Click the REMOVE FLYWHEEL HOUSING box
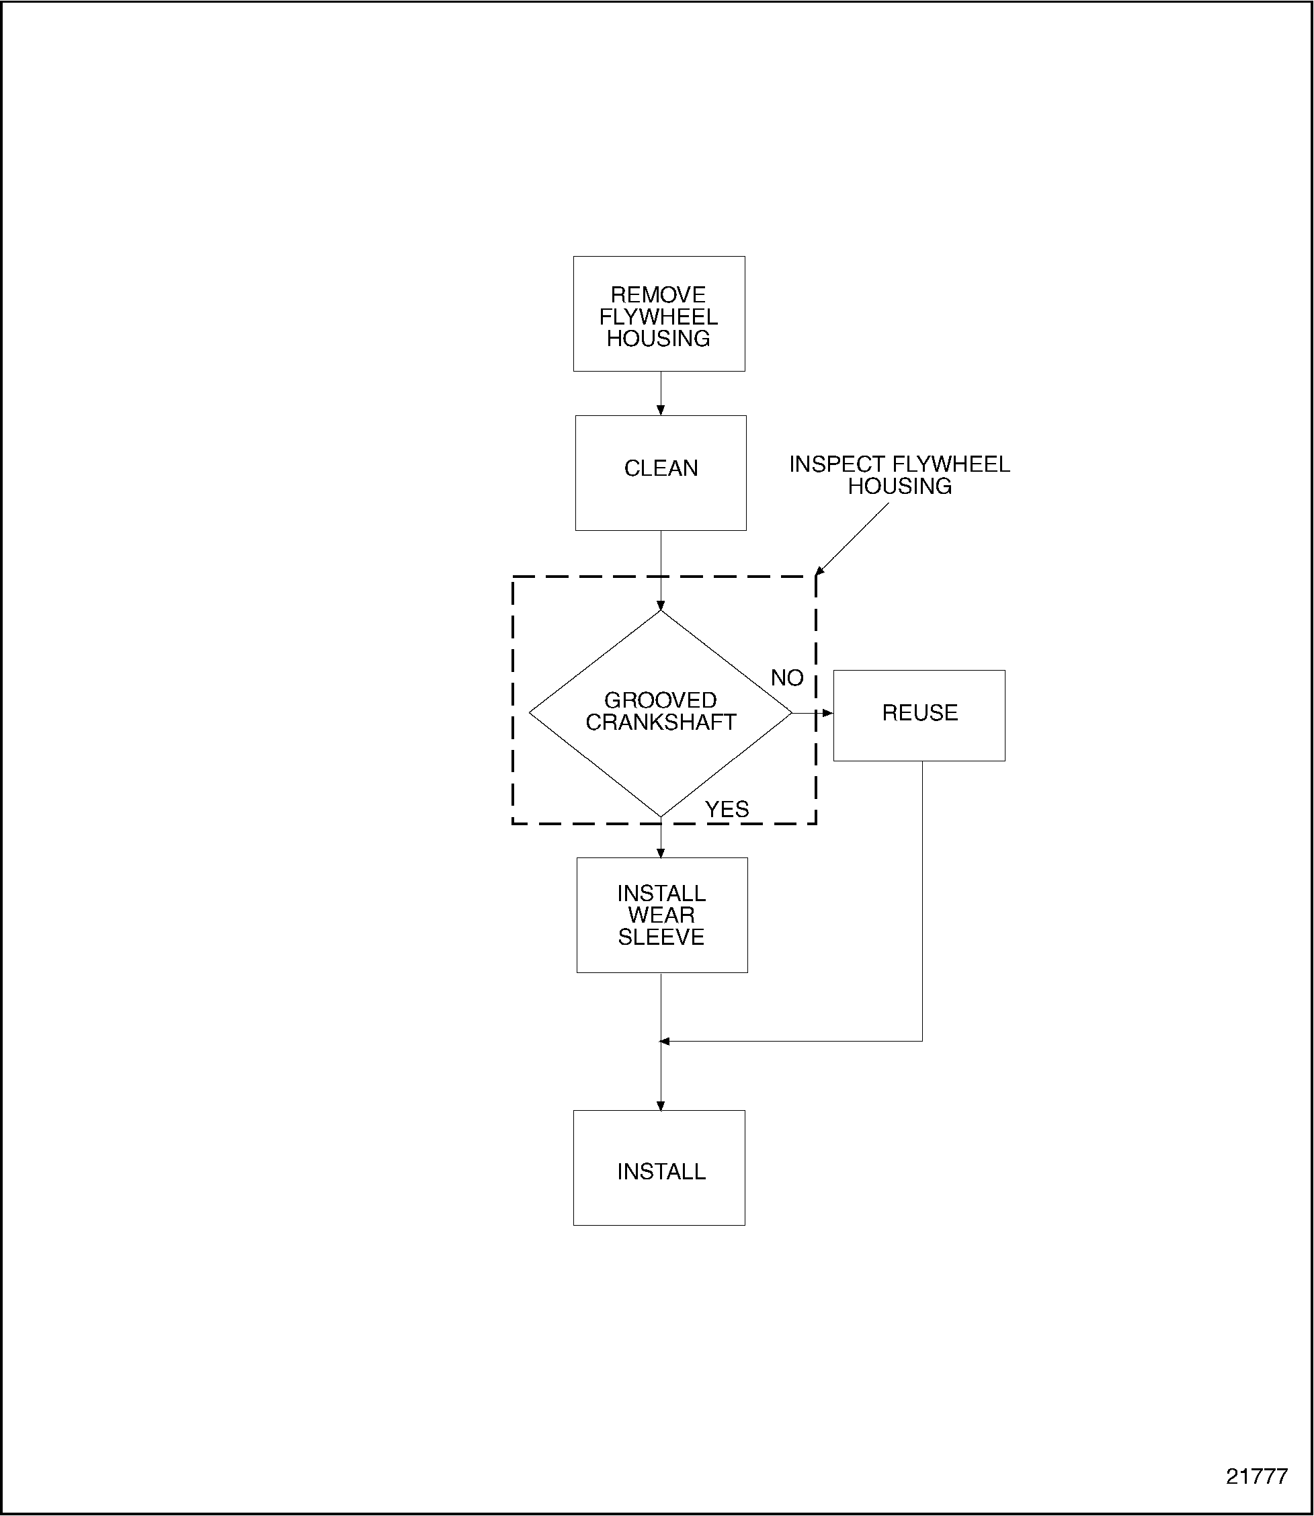tap(659, 314)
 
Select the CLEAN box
tap(660, 473)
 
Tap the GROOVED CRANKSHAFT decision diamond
tap(660, 712)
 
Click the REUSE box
tap(919, 715)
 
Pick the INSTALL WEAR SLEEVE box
tap(661, 915)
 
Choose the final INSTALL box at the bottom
tap(659, 1171)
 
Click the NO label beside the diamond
tap(787, 678)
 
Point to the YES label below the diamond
tap(727, 809)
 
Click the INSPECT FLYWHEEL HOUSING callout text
tap(899, 475)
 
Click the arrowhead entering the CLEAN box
tap(661, 411)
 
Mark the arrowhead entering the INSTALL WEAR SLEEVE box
tap(661, 853)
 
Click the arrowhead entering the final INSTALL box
tap(661, 1105)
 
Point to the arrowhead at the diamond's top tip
tap(661, 605)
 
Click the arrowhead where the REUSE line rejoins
tap(664, 1041)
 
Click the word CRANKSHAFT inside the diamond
tap(660, 723)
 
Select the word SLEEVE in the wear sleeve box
tap(661, 937)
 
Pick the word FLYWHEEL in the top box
tap(659, 317)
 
